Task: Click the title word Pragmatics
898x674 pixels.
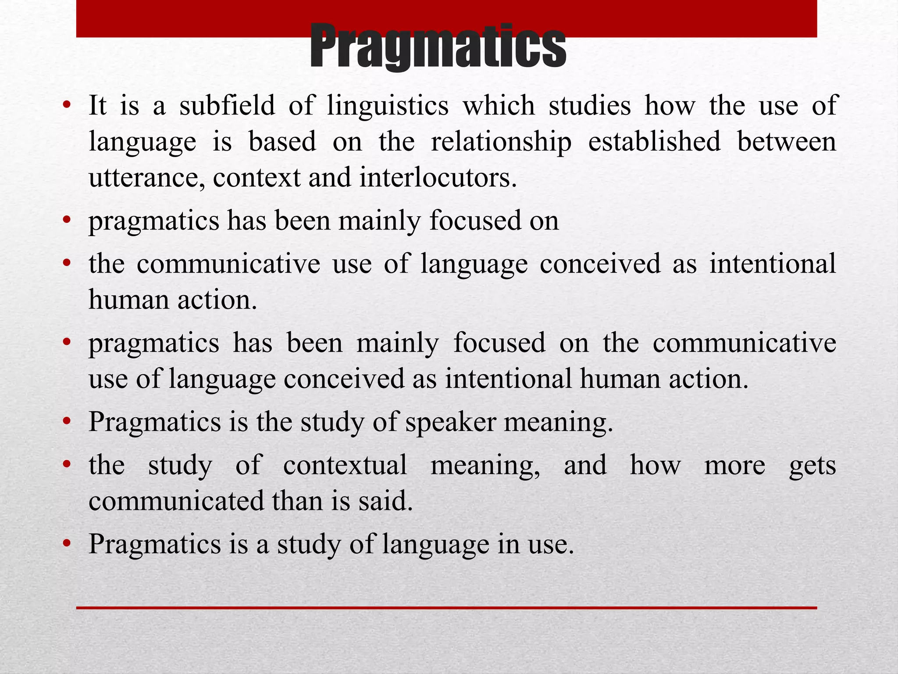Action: (438, 47)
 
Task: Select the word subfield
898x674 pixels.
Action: (227, 106)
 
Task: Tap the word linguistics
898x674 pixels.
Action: (388, 106)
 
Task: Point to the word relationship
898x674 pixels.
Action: (501, 142)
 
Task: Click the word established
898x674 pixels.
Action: (654, 142)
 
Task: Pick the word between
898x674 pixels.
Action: (787, 142)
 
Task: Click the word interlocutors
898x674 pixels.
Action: (438, 178)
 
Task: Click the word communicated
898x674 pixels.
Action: (176, 501)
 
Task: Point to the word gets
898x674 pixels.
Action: (812, 466)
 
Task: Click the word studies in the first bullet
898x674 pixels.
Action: (590, 106)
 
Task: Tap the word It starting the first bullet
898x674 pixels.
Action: (97, 106)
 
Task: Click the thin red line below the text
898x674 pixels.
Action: (446, 608)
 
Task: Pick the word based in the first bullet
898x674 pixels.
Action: (282, 142)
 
